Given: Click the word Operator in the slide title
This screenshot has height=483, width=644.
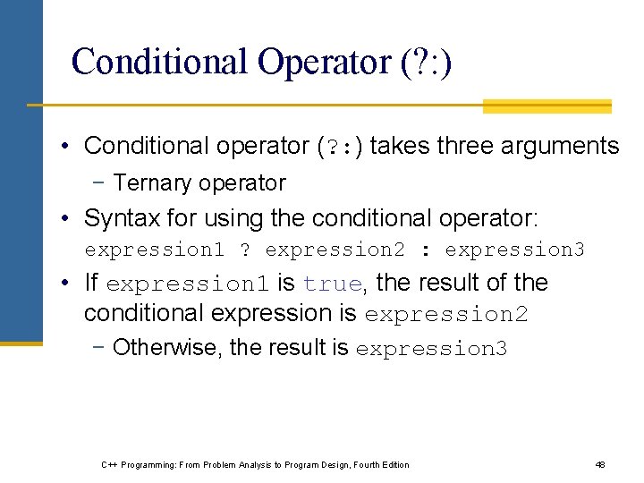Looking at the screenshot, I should click(321, 62).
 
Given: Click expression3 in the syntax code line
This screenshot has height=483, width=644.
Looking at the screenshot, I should click(514, 250).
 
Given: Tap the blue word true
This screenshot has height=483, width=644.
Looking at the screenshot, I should click(332, 284).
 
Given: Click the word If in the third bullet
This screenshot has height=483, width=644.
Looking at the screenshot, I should click(90, 284).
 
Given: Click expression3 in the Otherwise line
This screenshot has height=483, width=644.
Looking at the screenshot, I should click(431, 348).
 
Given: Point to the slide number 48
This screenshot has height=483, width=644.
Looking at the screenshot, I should click(600, 465).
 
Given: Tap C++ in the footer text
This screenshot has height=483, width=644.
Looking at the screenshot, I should click(109, 465).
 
